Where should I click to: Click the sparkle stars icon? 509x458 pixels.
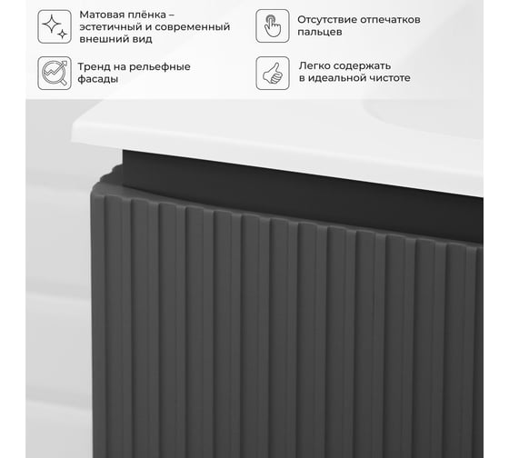click(x=55, y=26)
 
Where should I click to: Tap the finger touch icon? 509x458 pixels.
click(x=273, y=26)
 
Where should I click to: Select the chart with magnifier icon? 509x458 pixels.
click(x=55, y=73)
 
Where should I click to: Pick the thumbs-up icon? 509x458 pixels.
click(x=273, y=73)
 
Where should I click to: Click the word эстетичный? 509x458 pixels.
click(x=110, y=27)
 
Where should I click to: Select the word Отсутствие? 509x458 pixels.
click(x=327, y=20)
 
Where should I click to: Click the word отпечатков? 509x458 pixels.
click(x=391, y=20)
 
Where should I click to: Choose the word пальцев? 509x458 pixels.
click(x=320, y=32)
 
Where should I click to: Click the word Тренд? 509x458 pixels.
click(x=93, y=67)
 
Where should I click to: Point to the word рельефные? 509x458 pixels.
click(x=160, y=67)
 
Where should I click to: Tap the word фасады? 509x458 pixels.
click(x=98, y=79)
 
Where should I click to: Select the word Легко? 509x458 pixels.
click(x=314, y=66)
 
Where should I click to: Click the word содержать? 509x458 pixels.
click(x=363, y=66)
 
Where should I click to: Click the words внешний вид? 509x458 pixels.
click(x=116, y=39)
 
